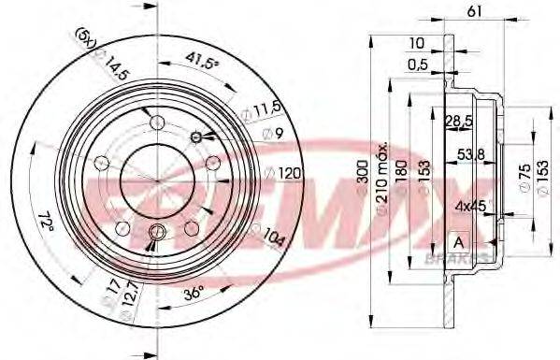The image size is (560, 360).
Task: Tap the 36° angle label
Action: [194, 293]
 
